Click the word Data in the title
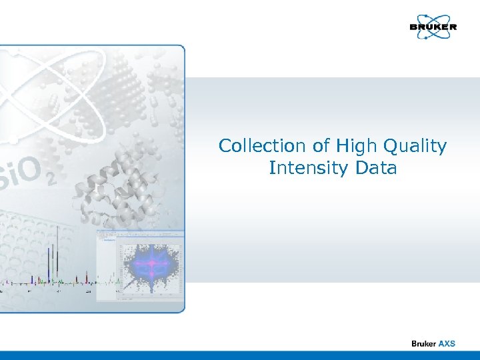pyautogui.click(x=376, y=168)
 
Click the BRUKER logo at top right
pyautogui.click(x=433, y=27)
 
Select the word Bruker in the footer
pyautogui.click(x=423, y=343)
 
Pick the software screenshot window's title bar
pyautogui.click(x=140, y=233)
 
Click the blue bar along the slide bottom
pyautogui.click(x=240, y=355)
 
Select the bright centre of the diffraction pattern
pyautogui.click(x=152, y=265)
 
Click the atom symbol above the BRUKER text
pyautogui.click(x=433, y=21)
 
